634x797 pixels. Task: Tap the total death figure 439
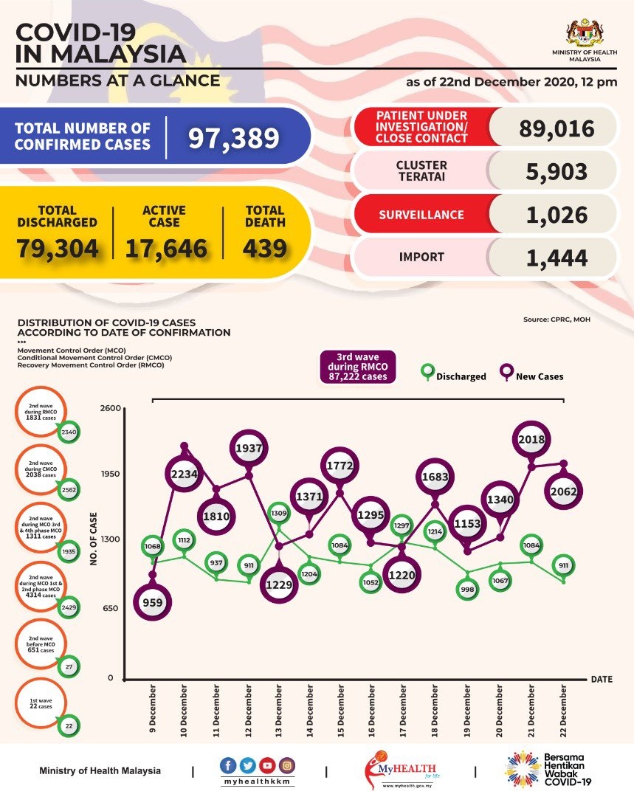coord(265,247)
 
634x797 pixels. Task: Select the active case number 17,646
coord(165,248)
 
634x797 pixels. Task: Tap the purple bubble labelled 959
coord(154,602)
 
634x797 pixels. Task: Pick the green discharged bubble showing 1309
coord(278,512)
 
